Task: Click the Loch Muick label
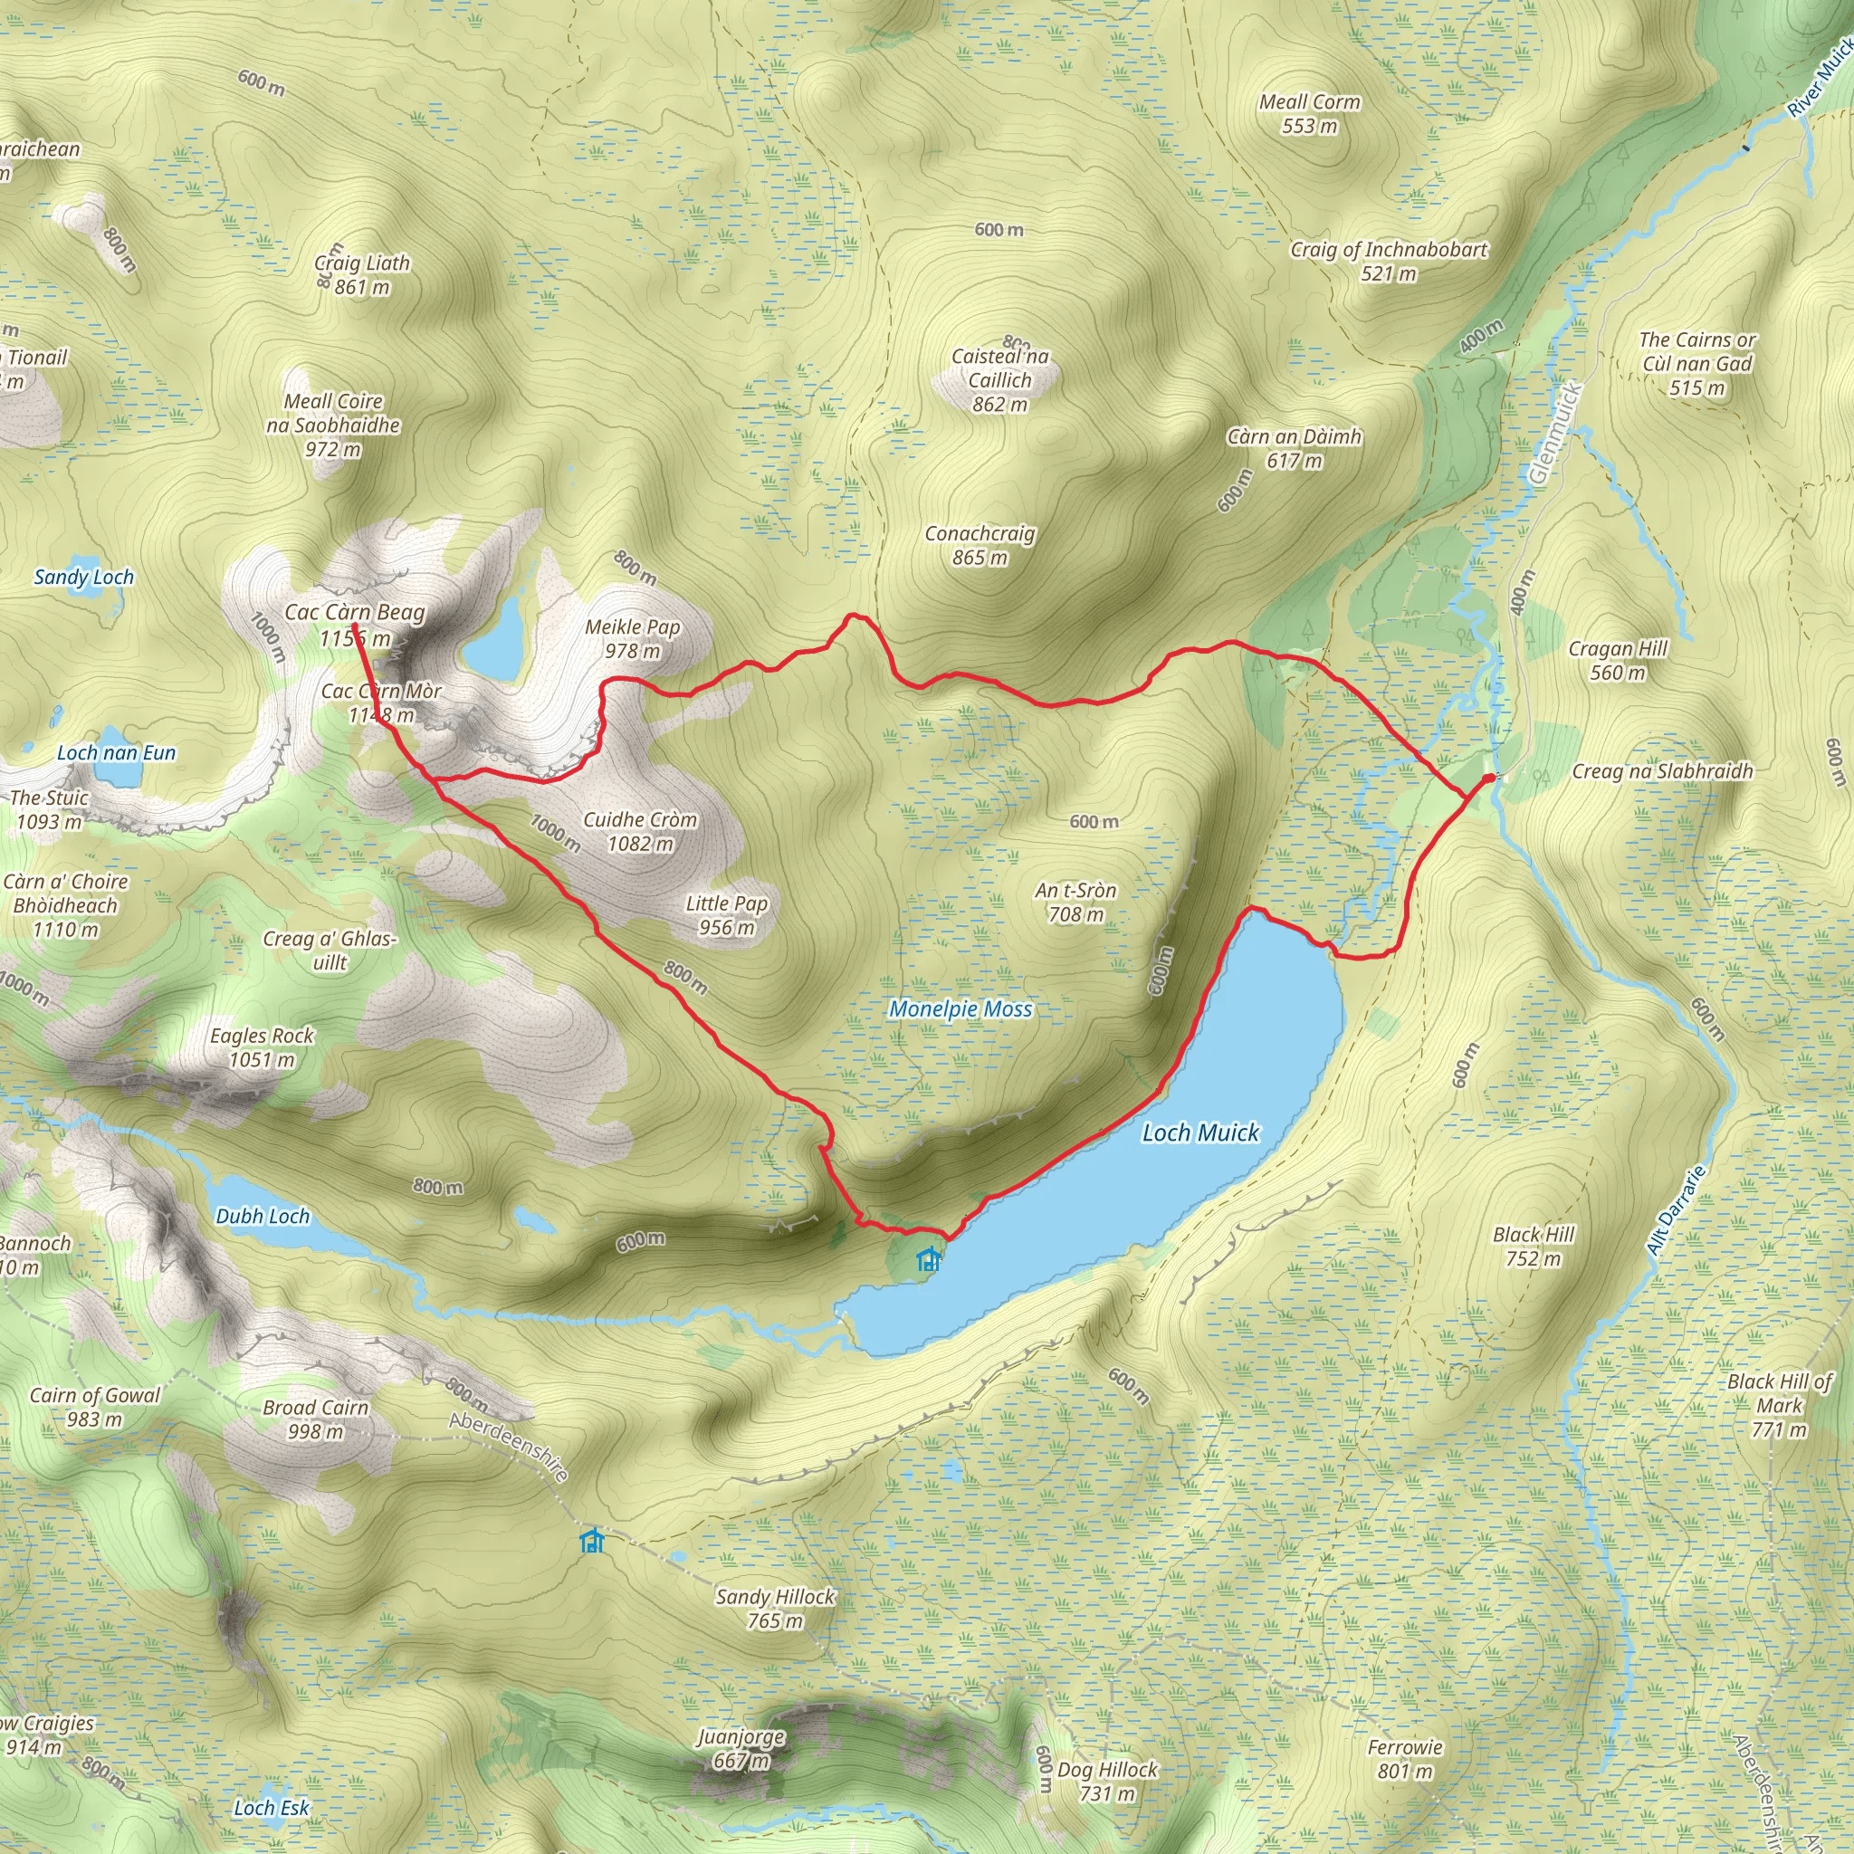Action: point(1199,1132)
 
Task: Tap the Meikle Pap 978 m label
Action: point(633,638)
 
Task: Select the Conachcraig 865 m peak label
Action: point(980,545)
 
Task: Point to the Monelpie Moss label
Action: point(960,1008)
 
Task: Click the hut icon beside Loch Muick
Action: point(928,1258)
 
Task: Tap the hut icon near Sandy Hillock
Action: point(592,1541)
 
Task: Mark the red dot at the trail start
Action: point(1487,779)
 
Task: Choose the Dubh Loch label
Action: point(262,1216)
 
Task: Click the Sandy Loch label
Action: point(83,577)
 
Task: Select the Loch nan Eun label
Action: point(116,752)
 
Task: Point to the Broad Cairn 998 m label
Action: point(316,1419)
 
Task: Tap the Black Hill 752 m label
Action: point(1534,1247)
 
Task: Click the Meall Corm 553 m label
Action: point(1309,113)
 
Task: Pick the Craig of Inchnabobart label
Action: point(1388,261)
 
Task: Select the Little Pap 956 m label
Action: point(726,914)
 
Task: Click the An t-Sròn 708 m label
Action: point(1075,902)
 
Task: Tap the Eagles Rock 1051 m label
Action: point(262,1047)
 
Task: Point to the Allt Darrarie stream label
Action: point(1676,1210)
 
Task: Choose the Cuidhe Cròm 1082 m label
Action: point(640,831)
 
